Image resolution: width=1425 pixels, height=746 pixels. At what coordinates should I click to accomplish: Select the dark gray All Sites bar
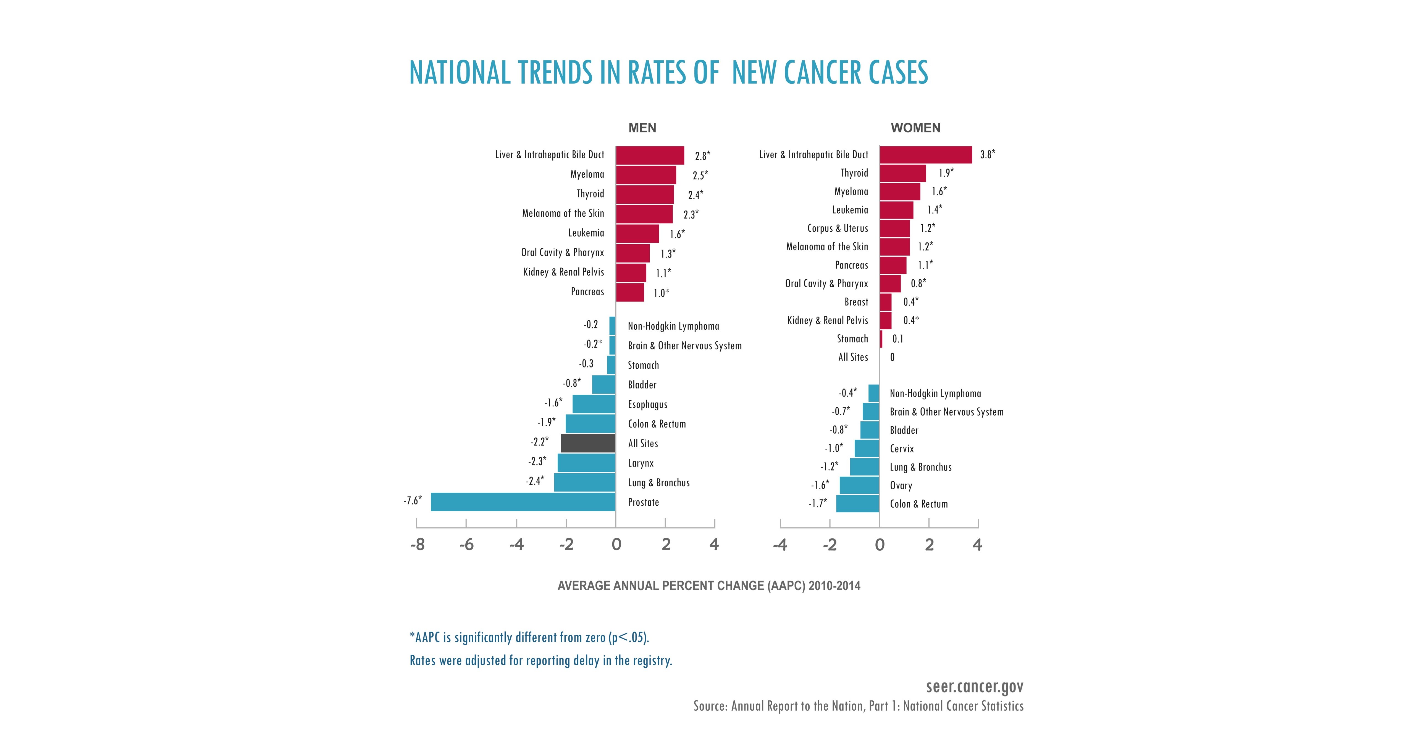click(588, 443)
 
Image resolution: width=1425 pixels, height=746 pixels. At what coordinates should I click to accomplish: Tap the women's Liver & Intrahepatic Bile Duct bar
click(925, 155)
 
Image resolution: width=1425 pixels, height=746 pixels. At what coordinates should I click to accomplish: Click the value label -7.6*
click(412, 500)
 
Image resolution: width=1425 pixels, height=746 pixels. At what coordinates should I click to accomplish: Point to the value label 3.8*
click(987, 155)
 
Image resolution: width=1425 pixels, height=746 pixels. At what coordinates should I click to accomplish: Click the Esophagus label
click(647, 404)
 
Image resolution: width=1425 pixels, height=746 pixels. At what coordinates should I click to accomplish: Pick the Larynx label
click(641, 463)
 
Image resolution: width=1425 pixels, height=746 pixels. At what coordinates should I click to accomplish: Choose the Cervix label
click(902, 448)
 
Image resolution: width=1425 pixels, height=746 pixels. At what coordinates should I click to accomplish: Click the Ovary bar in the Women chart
click(859, 485)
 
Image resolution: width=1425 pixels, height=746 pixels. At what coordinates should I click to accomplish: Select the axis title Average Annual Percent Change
click(708, 586)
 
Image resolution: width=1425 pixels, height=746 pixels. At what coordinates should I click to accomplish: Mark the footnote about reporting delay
click(540, 660)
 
